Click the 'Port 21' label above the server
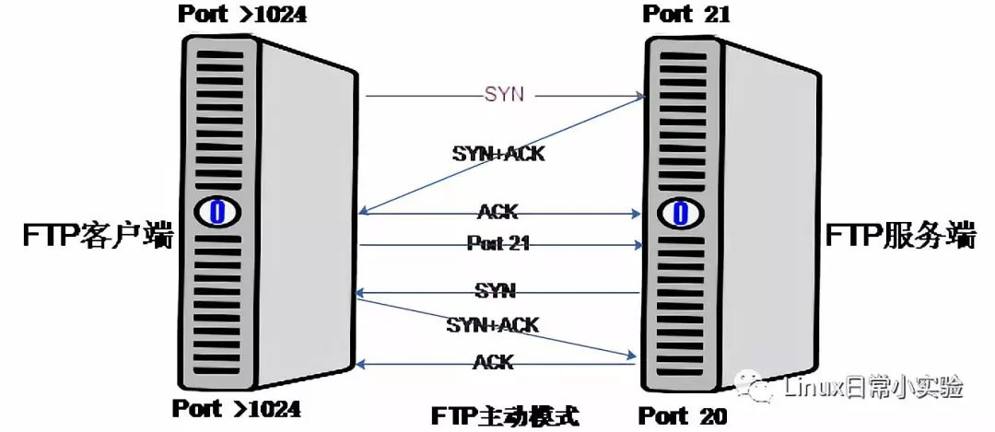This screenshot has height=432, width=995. (x=686, y=14)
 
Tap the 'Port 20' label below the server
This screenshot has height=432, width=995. (x=682, y=416)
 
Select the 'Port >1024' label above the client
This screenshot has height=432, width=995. (x=241, y=13)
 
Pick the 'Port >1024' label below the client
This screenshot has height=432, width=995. (x=236, y=409)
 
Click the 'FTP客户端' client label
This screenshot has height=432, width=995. (x=99, y=236)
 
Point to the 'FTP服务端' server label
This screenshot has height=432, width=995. (x=900, y=236)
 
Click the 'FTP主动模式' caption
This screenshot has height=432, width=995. (x=506, y=416)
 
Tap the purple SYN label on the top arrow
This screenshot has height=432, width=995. (x=505, y=95)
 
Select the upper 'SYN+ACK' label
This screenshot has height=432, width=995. (x=498, y=153)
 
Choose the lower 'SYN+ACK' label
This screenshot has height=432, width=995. (x=492, y=325)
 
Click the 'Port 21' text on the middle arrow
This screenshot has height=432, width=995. (x=498, y=243)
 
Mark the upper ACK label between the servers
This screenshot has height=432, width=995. (x=498, y=211)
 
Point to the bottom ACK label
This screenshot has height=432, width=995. (x=493, y=362)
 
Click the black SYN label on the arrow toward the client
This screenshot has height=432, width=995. (x=496, y=291)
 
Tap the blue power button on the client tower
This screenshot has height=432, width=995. (x=217, y=212)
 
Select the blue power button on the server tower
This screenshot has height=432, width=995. (x=680, y=213)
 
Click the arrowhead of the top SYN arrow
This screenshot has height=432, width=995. (x=641, y=97)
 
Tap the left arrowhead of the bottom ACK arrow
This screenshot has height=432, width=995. (x=360, y=364)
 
